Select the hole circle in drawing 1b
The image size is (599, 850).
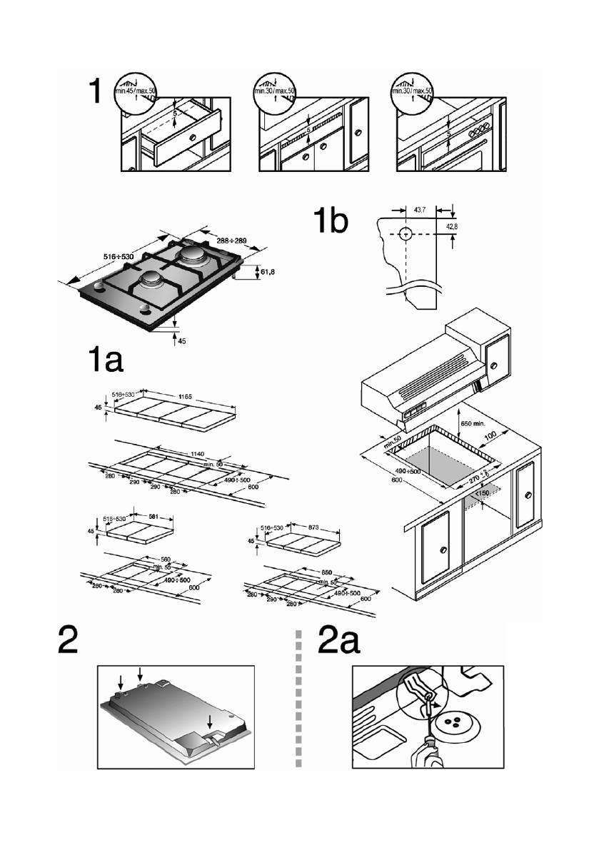405,234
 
